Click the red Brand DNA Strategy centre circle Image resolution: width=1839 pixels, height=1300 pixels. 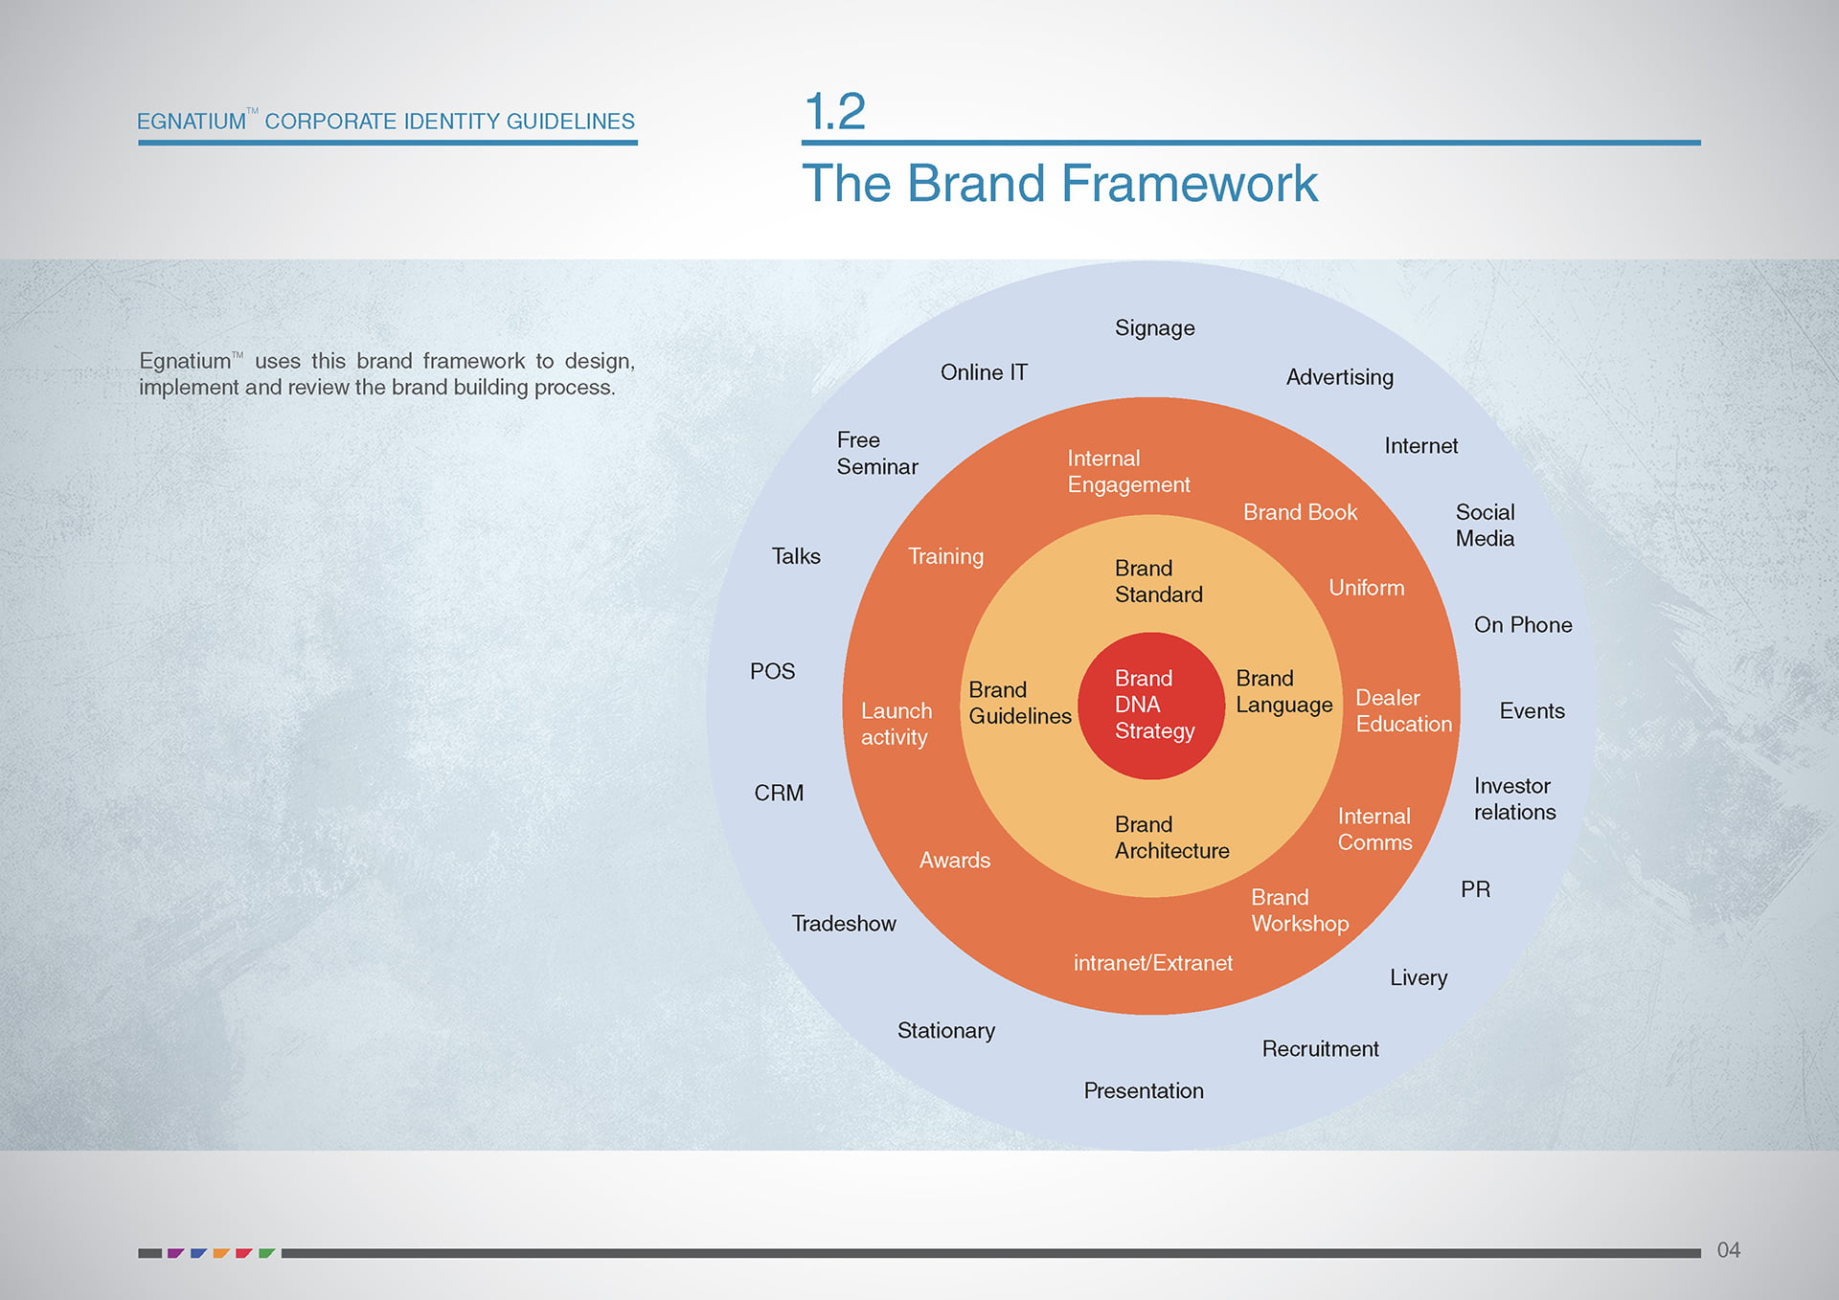tap(1151, 706)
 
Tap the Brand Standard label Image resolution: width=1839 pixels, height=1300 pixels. tap(1158, 581)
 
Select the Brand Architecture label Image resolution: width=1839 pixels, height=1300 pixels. tap(1171, 838)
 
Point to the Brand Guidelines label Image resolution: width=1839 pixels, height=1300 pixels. tap(1019, 703)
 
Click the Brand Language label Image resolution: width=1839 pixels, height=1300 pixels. tap(1283, 691)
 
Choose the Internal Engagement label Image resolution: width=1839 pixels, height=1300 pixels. tap(1128, 472)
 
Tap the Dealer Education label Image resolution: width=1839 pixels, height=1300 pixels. tap(1403, 711)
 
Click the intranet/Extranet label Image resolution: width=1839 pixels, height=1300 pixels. tap(1152, 963)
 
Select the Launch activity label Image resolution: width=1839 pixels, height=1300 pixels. tap(896, 724)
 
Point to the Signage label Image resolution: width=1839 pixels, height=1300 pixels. tap(1154, 328)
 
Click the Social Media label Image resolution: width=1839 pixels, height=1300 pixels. tap(1485, 526)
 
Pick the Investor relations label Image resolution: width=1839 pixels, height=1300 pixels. tap(1514, 798)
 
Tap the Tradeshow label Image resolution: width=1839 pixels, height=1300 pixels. tap(843, 924)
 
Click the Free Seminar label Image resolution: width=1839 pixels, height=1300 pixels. tap(876, 453)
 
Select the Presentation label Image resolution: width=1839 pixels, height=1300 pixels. tap(1144, 1091)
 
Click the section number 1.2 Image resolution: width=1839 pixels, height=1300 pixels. tap(835, 112)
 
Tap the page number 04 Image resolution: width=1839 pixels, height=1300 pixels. tap(1728, 1250)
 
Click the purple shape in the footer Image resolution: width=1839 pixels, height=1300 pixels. tap(174, 1252)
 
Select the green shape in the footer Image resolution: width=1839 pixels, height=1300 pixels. tap(265, 1252)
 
